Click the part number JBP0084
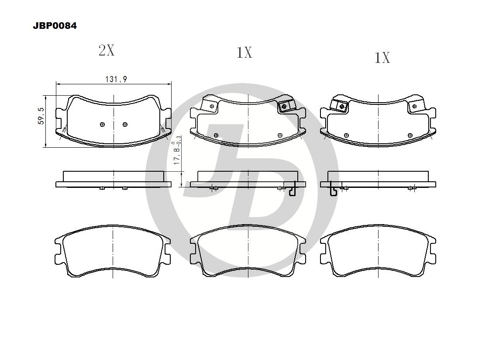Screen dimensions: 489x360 (55, 26)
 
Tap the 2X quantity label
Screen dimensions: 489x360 (107, 50)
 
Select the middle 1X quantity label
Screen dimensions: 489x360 (244, 52)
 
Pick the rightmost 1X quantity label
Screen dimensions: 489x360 (382, 58)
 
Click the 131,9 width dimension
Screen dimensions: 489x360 (116, 79)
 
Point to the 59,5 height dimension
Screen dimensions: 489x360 (41, 116)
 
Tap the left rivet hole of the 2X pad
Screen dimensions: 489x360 (102, 125)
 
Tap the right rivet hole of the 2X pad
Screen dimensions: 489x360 (125, 125)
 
